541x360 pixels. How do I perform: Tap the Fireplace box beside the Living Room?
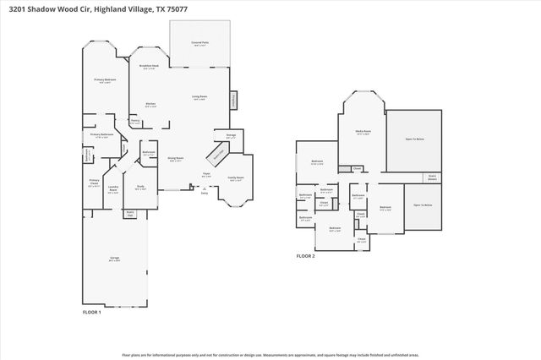click(x=235, y=101)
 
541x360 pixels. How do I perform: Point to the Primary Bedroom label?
click(x=104, y=79)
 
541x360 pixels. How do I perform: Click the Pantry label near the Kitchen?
click(x=134, y=121)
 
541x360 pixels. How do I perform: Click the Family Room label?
click(x=236, y=178)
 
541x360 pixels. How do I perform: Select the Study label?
click(x=140, y=187)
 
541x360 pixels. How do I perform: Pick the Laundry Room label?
click(x=112, y=190)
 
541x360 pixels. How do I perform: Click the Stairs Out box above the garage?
click(x=129, y=213)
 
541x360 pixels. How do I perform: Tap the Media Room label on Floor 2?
click(x=362, y=132)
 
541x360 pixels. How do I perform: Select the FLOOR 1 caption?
click(x=91, y=313)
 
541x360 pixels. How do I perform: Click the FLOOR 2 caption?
click(x=305, y=255)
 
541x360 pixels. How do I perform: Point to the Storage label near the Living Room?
click(x=230, y=136)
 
